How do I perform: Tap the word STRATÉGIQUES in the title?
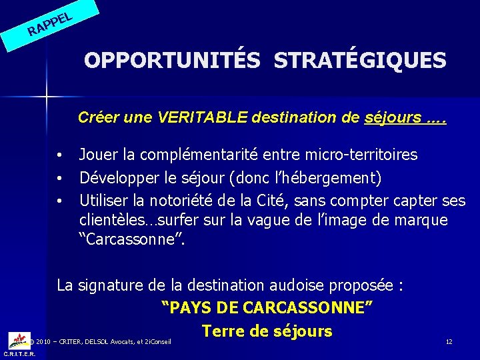360,61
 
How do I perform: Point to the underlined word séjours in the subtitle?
393,118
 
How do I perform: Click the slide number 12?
449,341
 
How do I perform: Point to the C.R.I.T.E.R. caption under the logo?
20,354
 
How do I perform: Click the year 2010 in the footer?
43,342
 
